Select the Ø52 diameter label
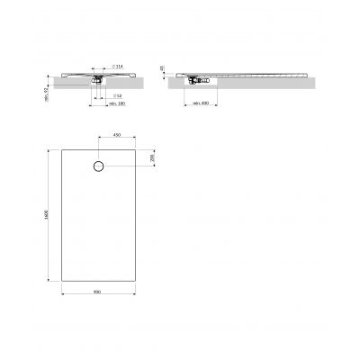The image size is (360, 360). point(118,95)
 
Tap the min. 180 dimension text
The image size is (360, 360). point(114,104)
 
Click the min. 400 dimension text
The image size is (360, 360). point(201,104)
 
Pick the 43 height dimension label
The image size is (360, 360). point(163,67)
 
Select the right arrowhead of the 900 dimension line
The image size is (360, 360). point(135,296)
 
